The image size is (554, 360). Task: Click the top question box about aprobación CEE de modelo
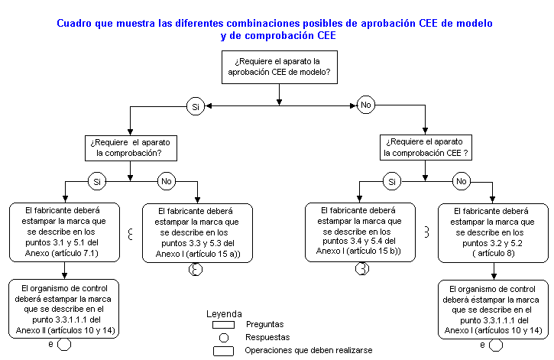[279, 66]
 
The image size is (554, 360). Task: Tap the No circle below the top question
[366, 104]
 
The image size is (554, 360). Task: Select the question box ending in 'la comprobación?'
[131, 148]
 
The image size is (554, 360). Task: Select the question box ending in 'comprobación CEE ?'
[426, 147]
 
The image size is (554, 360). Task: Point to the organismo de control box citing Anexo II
[65, 309]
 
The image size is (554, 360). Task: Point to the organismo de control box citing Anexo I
[493, 309]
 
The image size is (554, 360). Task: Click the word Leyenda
[225, 313]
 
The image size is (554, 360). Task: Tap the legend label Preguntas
[264, 324]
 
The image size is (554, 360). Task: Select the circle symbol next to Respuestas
[224, 337]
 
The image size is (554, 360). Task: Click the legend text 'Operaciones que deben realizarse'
[309, 350]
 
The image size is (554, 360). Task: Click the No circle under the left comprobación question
[166, 181]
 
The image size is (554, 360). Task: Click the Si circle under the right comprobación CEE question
[391, 181]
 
